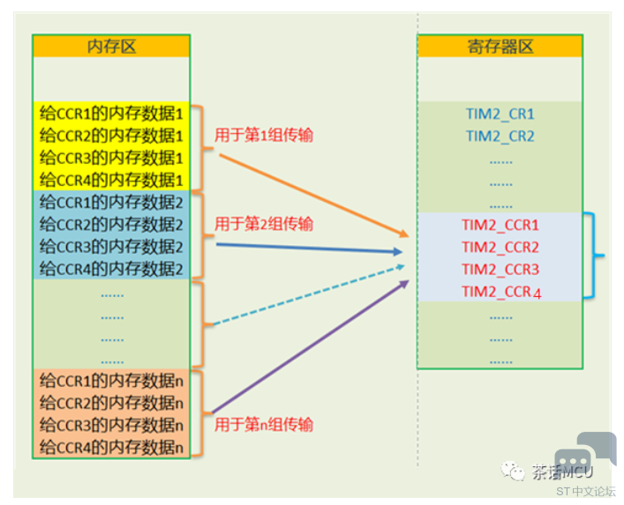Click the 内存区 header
coord(111,47)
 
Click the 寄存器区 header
coord(500,47)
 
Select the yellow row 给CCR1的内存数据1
coord(111,114)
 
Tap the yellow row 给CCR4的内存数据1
coord(111,180)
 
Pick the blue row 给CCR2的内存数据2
coord(111,225)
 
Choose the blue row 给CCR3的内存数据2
coord(111,247)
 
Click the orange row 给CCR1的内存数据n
coord(111,381)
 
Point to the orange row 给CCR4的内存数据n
coord(111,448)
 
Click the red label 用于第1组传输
coord(264,135)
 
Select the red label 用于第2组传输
coord(264,224)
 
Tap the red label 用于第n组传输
coord(264,425)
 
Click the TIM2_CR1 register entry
coord(500,115)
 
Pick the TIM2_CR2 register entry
coord(500,137)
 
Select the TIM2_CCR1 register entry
coord(500,226)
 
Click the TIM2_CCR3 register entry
coord(500,270)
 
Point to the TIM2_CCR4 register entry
coord(501,293)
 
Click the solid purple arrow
coord(311,346)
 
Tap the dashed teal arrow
coord(309,295)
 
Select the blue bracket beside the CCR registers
coord(594,256)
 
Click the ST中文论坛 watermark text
coord(586,492)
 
